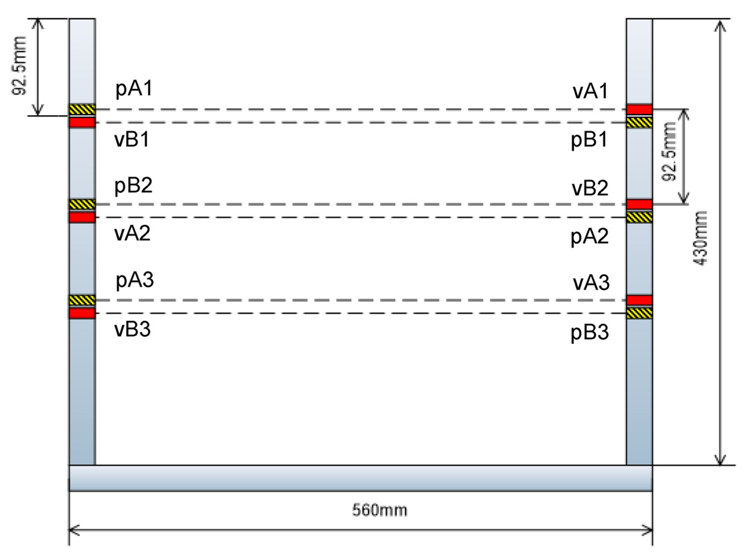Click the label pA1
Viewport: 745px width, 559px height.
(x=134, y=89)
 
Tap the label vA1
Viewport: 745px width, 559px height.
(x=590, y=91)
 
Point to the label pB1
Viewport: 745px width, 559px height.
(x=589, y=140)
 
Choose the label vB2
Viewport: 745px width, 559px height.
(x=590, y=188)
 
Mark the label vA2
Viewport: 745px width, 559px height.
(x=132, y=233)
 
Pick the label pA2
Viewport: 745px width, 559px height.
(x=590, y=237)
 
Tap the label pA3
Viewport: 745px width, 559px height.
(x=135, y=280)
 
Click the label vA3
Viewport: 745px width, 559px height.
(x=591, y=283)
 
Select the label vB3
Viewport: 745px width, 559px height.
(x=132, y=329)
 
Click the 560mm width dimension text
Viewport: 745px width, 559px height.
(x=380, y=510)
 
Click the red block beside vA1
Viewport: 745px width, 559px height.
(x=639, y=110)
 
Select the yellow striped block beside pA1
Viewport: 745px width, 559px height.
(x=82, y=110)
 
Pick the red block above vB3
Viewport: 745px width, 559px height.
(x=82, y=313)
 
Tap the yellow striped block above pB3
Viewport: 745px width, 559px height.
(x=639, y=313)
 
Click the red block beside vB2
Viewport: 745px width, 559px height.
(x=639, y=204)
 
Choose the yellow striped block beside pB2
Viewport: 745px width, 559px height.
(x=82, y=204)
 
